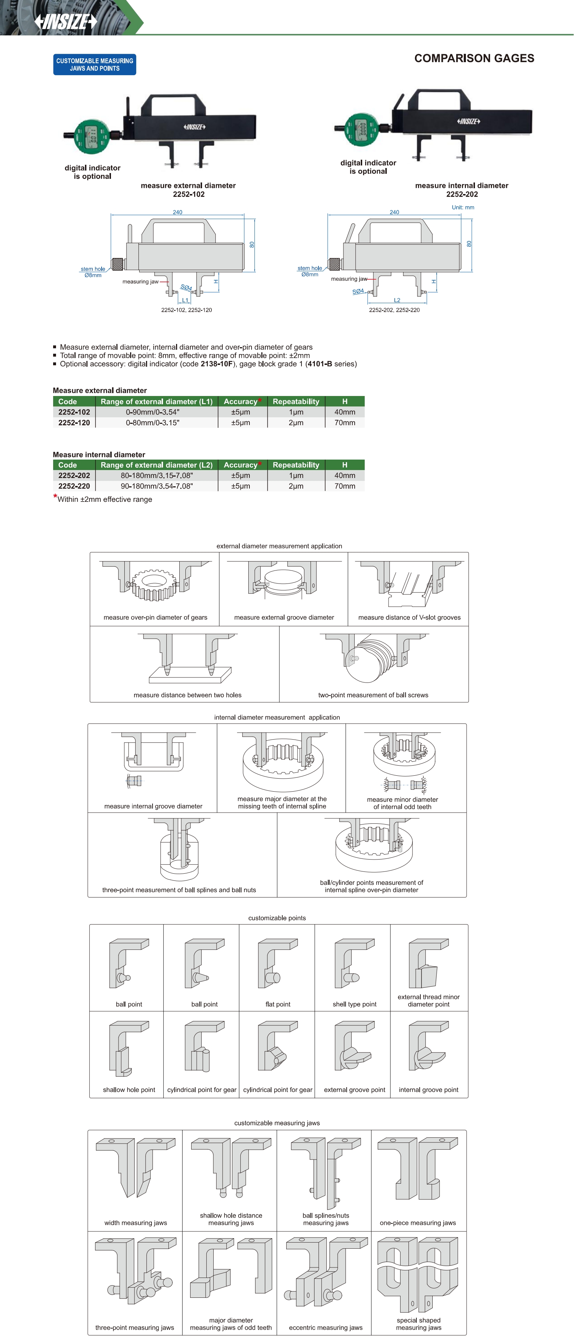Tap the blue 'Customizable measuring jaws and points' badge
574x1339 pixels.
(x=95, y=64)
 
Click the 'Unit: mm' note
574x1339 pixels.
(x=463, y=207)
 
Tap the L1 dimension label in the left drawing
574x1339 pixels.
(x=185, y=300)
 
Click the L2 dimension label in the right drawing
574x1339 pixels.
(x=397, y=300)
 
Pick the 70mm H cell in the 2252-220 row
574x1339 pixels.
(x=345, y=486)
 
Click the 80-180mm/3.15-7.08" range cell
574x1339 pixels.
(x=157, y=475)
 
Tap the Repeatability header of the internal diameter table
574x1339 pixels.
(x=296, y=465)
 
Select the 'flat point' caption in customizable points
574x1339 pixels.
(x=278, y=1004)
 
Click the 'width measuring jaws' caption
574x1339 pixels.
(x=135, y=1223)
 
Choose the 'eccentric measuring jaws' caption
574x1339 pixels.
(x=325, y=1327)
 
